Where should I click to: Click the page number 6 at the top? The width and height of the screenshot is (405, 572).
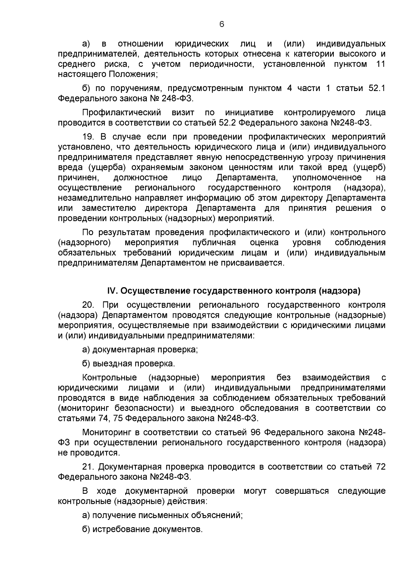point(222,24)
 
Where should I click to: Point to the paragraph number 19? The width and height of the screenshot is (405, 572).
point(88,137)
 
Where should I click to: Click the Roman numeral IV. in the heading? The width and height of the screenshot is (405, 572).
point(112,291)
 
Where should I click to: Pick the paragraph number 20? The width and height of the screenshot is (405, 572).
point(88,305)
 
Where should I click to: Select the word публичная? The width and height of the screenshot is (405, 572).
point(214,243)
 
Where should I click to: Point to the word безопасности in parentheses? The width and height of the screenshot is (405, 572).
point(144,408)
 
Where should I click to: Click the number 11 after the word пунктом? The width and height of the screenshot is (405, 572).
point(380,64)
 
